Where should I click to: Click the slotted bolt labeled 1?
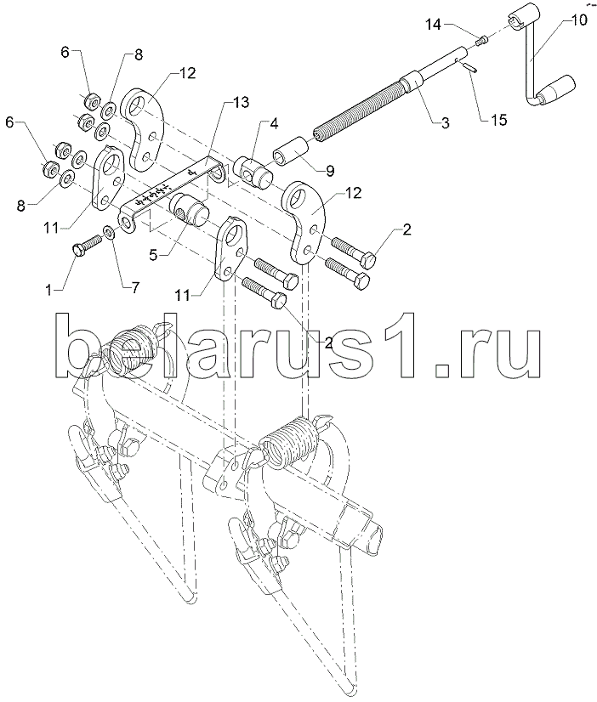(x=84, y=246)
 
